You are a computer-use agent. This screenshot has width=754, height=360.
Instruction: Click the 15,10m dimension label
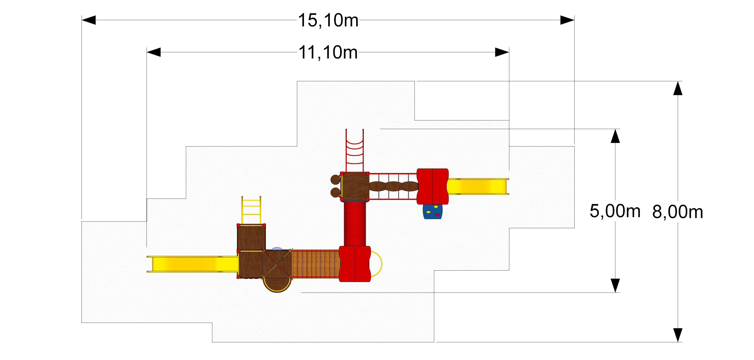click(328, 20)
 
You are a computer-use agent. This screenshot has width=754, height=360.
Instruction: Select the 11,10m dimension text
click(328, 53)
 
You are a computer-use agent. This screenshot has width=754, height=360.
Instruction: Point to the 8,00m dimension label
click(678, 212)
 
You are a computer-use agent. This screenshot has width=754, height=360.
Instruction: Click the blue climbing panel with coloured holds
click(433, 212)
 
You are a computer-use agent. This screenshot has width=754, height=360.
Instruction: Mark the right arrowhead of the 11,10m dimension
click(502, 52)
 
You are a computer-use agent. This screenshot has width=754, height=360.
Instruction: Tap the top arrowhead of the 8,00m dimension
click(678, 88)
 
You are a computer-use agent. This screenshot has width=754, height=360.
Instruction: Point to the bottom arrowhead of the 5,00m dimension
click(615, 285)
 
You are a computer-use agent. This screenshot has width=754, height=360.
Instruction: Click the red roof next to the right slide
click(433, 186)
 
